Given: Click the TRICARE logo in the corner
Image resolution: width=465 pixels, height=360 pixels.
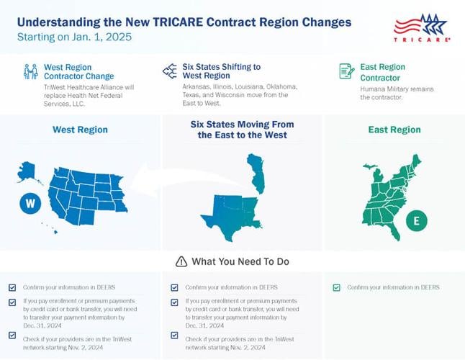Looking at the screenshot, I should click(422, 29).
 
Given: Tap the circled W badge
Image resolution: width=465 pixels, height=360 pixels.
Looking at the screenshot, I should click(30, 204).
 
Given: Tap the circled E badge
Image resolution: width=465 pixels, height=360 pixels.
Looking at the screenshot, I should click(415, 221).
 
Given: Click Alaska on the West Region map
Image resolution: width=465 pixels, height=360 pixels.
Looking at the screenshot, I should click(27, 171).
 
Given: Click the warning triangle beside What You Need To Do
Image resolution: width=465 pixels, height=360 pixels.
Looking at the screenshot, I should click(181, 261).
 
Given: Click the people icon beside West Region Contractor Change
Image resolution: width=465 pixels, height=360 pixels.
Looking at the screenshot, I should click(31, 71).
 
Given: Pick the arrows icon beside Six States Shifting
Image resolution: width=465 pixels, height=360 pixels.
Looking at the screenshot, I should click(170, 71).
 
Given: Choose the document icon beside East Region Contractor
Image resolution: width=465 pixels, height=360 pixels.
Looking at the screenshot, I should click(346, 71).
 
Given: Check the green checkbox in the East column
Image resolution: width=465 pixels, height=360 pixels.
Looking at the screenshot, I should click(336, 287).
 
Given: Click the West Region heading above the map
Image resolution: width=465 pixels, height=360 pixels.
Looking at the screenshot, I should click(80, 130).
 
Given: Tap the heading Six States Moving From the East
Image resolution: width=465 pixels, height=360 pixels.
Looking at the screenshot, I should click(242, 130).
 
